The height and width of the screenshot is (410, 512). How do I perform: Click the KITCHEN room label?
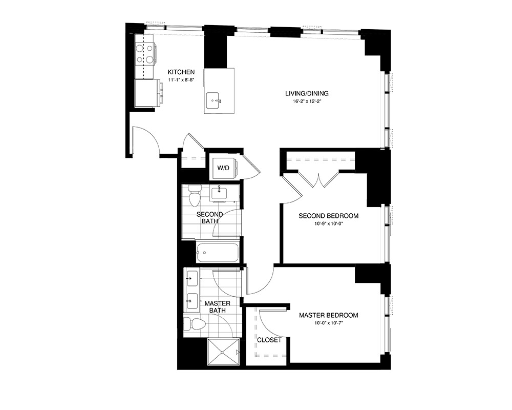point(181,72)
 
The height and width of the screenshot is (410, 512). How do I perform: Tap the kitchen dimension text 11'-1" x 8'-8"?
point(181,80)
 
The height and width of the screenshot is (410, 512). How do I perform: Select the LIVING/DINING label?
point(307,93)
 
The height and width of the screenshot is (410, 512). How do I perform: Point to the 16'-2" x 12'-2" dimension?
point(307,101)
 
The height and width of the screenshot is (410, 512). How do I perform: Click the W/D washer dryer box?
point(223,168)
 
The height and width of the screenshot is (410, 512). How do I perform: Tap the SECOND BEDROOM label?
point(328,216)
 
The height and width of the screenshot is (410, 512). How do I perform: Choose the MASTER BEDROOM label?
point(328,315)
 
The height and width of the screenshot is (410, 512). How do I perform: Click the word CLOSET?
point(269,340)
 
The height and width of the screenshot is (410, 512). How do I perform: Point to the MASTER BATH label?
point(218,307)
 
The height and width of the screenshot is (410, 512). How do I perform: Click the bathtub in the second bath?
point(217,252)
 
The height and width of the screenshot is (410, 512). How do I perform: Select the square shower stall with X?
point(224,352)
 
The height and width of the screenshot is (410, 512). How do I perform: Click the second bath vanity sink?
point(220,194)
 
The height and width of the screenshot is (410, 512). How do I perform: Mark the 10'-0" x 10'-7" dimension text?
point(328,323)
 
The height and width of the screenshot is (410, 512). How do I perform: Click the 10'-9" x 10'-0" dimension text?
point(328,224)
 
